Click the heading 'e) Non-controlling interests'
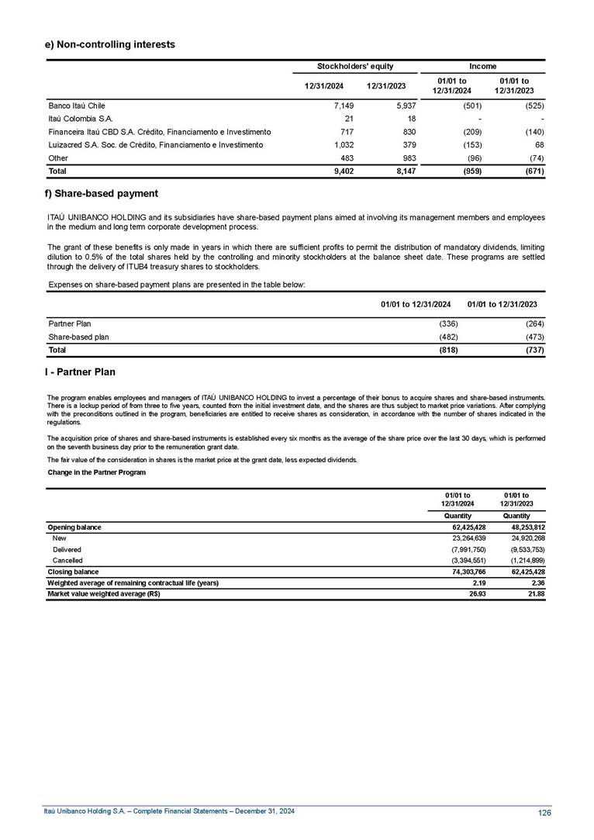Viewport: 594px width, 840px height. (x=110, y=44)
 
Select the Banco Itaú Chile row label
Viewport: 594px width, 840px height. (x=77, y=105)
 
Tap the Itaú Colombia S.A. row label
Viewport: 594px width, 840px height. (x=81, y=118)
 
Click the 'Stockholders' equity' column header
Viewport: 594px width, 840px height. (x=357, y=67)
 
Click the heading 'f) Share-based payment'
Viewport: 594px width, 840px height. (x=102, y=193)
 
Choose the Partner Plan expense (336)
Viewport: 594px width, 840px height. (x=449, y=323)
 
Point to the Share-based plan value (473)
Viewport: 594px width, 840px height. (x=535, y=337)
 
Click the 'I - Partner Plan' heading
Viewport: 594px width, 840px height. (x=80, y=372)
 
